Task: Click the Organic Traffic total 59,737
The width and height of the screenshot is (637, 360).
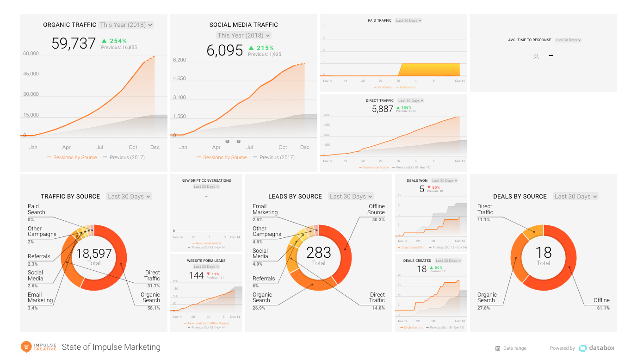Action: pos(74,43)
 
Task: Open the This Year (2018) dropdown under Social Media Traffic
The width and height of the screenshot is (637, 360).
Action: pos(244,35)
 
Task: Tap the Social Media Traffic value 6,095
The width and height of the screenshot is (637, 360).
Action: pos(224,50)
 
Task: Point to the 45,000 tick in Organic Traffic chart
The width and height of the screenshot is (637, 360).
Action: pos(31,74)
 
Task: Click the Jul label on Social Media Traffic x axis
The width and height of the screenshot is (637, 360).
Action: pos(249,148)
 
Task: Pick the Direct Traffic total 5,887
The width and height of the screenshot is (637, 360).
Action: pos(383,109)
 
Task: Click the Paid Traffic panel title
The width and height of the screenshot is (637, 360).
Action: pos(379,20)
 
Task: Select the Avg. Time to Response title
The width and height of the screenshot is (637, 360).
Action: pos(529,40)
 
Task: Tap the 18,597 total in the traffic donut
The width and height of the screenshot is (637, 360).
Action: pos(94,254)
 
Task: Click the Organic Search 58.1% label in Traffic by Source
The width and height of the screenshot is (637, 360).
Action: pos(151,300)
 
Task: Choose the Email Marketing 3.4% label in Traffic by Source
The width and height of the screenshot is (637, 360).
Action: pos(40,300)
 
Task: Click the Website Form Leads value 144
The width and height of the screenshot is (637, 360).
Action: pos(196,276)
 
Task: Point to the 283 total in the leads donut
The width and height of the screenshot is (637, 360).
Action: pos(319,253)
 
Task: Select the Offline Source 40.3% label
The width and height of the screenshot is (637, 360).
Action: pos(376,212)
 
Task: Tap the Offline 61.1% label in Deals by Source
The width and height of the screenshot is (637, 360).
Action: pos(602,304)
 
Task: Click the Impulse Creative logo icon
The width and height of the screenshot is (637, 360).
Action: pos(26,347)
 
